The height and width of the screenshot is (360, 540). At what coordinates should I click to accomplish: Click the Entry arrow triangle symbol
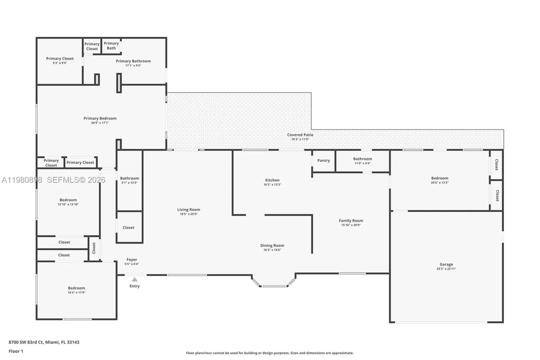coord(135,279)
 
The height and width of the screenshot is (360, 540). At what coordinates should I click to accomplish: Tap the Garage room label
coord(446,264)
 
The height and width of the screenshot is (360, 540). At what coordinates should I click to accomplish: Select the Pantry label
coord(324,160)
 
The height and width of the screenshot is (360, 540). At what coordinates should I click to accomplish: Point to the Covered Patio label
coord(300,135)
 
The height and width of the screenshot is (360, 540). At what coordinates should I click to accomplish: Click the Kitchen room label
coord(272,180)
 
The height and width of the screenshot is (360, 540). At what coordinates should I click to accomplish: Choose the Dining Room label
coord(272,245)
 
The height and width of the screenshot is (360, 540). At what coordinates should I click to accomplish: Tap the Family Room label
coord(351,220)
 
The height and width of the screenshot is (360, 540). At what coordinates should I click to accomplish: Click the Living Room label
coord(189,209)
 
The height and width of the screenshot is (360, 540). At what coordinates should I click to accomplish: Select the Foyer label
coord(131,260)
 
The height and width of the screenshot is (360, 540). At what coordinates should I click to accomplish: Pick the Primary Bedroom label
coord(100,118)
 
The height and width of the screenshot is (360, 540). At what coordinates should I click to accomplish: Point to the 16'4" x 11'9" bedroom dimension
coord(76,292)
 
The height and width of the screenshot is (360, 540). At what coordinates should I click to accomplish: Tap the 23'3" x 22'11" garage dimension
coord(446,269)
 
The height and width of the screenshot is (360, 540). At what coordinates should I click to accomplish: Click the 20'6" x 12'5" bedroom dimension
coord(440,183)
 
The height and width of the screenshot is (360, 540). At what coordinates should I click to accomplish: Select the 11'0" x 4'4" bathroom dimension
coord(362,163)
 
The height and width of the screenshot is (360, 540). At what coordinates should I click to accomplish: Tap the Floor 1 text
coord(16,351)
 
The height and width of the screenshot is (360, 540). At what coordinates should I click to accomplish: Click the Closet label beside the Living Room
coord(128,227)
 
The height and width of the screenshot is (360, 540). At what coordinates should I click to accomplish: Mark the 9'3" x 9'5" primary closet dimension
coord(60,63)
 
